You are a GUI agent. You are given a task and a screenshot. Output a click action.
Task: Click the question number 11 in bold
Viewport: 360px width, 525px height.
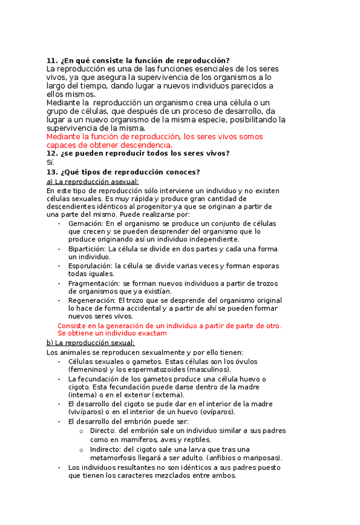point(51,60)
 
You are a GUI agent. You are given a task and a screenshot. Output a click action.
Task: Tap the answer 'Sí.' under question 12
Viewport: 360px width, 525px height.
point(50,162)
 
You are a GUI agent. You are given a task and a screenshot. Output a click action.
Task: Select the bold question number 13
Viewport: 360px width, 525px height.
point(51,171)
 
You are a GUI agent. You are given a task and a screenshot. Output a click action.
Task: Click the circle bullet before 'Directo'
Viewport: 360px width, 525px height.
point(82,430)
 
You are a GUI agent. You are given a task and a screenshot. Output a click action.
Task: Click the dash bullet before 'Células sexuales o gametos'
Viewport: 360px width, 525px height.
point(59,361)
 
